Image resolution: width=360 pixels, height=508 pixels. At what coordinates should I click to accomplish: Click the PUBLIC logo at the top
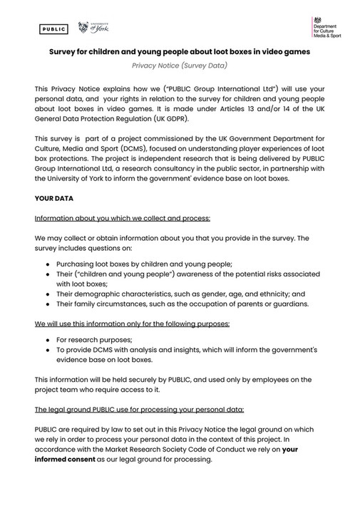(x=53, y=29)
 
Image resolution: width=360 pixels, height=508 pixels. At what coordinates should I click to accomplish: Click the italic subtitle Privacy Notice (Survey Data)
(x=180, y=66)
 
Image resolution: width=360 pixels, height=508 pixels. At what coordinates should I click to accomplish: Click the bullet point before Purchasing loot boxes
(x=48, y=263)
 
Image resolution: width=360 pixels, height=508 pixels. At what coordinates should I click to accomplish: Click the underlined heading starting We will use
(x=132, y=324)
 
